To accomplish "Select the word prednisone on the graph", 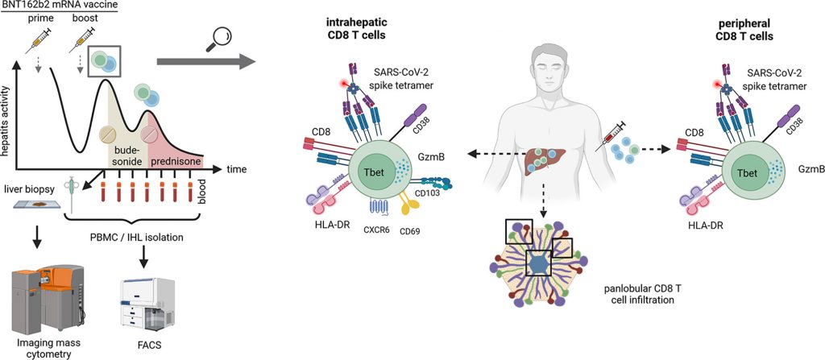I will [x=176, y=161].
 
